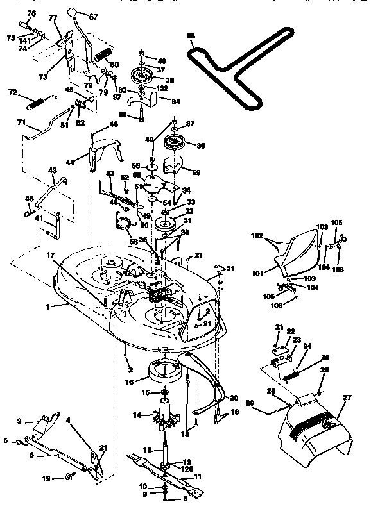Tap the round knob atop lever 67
click(74, 12)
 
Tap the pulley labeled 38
click(141, 75)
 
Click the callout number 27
click(347, 398)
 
